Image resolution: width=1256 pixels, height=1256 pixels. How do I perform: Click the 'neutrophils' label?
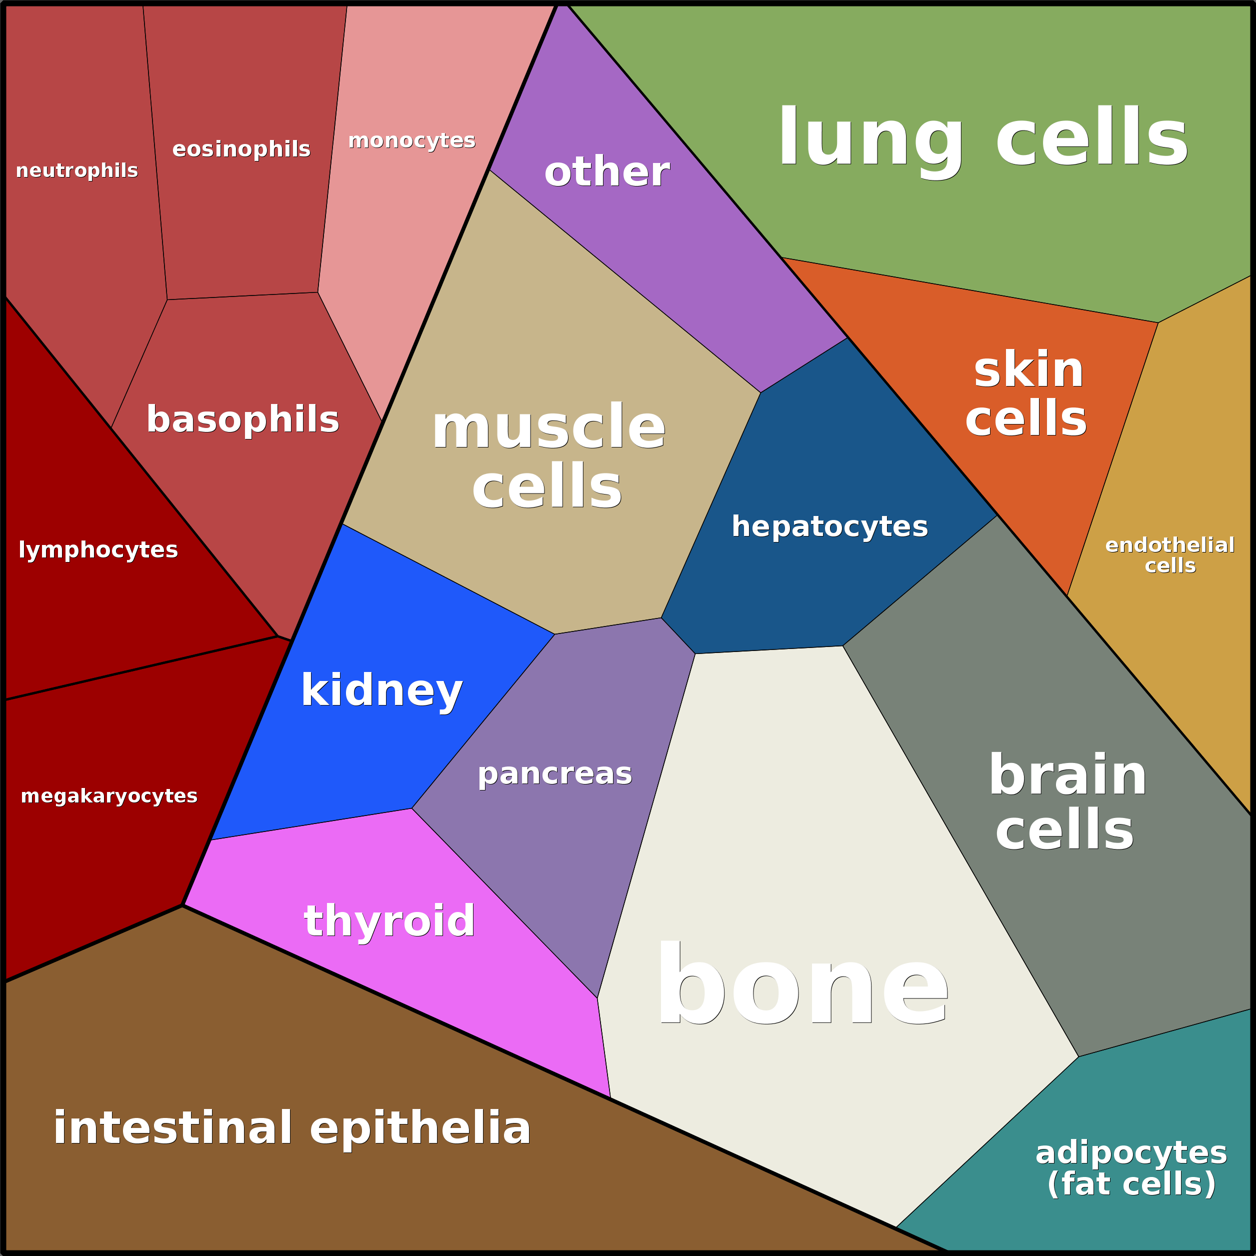pyautogui.click(x=76, y=170)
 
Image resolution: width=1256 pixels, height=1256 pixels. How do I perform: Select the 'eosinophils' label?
pyautogui.click(x=241, y=149)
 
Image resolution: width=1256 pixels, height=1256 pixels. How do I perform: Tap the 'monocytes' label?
pyautogui.click(x=411, y=140)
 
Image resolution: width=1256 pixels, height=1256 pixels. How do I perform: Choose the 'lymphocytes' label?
pyautogui.click(x=98, y=550)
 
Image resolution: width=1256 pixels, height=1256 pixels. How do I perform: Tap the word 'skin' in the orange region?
pyautogui.click(x=1028, y=370)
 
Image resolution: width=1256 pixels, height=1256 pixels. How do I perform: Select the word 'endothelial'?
pyautogui.click(x=1169, y=545)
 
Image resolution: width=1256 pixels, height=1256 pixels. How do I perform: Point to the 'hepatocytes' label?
pyautogui.click(x=829, y=526)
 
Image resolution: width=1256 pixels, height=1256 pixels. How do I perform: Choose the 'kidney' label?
pyautogui.click(x=381, y=690)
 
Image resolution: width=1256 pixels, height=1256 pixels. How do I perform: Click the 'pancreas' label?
pyautogui.click(x=554, y=773)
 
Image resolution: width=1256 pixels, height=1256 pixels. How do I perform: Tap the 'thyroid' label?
pyautogui.click(x=389, y=920)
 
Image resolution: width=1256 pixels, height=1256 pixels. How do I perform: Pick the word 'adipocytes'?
pyautogui.click(x=1131, y=1152)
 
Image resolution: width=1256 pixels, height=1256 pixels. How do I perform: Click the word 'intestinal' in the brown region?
pyautogui.click(x=173, y=1128)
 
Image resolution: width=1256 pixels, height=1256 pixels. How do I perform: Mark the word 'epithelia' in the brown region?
pyautogui.click(x=420, y=1128)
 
